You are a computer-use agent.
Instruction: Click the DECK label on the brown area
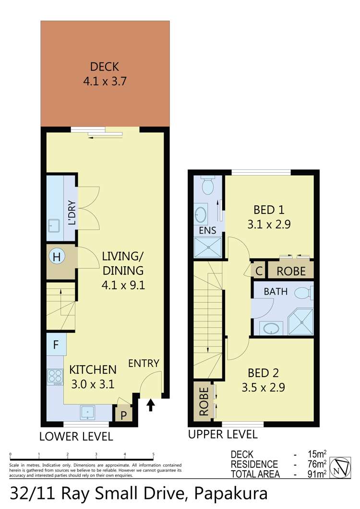[104, 67]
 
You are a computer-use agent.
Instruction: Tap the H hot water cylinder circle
[57, 257]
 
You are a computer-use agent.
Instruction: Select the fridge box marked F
[56, 344]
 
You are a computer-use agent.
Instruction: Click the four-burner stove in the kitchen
[55, 377]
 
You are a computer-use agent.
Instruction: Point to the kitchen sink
[88, 413]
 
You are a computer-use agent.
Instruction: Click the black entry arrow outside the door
[150, 405]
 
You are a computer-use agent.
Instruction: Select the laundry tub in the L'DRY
[54, 225]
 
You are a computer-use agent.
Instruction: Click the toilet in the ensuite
[207, 185]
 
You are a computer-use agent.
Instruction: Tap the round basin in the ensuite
[201, 214]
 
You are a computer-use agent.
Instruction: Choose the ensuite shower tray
[208, 248]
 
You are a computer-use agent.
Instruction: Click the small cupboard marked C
[259, 271]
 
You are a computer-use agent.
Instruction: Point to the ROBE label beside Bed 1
[291, 271]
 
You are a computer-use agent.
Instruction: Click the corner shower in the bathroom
[301, 322]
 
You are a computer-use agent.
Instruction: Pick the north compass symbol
[340, 468]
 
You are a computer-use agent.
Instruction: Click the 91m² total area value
[317, 474]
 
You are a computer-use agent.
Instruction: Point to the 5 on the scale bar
[153, 454]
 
